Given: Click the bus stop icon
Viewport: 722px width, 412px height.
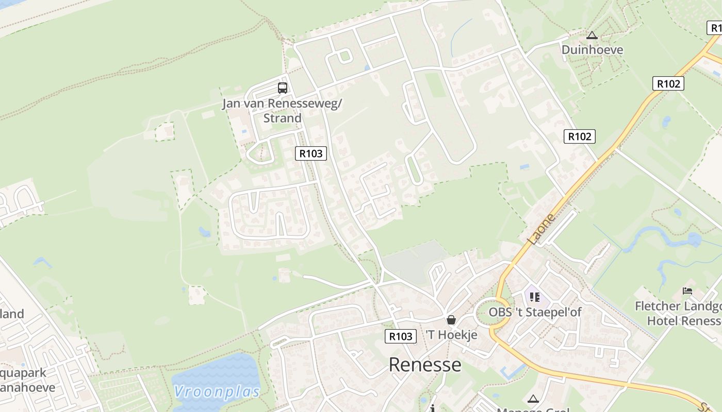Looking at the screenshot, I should pos(282,88).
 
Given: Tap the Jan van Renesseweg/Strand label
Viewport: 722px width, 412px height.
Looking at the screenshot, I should pos(282,111).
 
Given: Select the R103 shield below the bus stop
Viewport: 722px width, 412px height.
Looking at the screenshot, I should pos(311,153).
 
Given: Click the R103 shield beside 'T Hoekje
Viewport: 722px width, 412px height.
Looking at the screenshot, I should pos(400,336).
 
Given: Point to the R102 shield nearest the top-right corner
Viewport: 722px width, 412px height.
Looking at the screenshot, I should pos(668,83).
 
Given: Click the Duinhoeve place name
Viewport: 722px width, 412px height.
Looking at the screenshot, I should pos(592,50).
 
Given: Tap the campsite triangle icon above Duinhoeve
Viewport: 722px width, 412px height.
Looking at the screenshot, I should pos(592,36).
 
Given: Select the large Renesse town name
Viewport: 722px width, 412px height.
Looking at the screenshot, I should pos(425,365).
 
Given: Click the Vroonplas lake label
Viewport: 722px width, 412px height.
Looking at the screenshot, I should pos(217,391).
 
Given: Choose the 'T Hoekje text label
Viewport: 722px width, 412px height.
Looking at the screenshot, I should pos(451,335).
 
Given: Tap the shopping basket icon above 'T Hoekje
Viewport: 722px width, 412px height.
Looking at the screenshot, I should pos(451,320).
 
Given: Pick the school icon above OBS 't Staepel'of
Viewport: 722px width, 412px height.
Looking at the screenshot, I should pos(534,297).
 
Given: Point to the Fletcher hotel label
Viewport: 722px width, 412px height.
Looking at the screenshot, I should pos(678,313).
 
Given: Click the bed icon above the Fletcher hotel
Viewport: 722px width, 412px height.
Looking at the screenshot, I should pos(687,291).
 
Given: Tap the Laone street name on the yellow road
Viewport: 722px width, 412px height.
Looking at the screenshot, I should pos(541,229).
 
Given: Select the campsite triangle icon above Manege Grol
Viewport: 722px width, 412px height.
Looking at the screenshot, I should pos(533,399).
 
